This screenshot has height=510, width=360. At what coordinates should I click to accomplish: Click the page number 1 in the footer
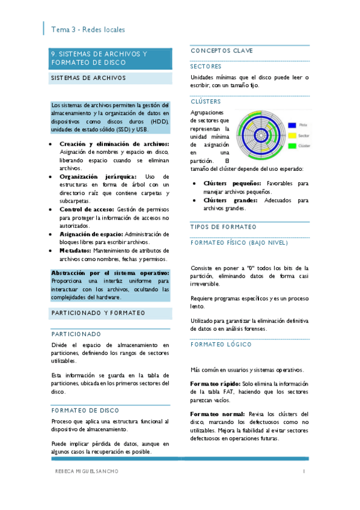pyautogui.click(x=305, y=471)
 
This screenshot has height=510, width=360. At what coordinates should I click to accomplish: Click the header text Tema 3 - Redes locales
pyautogui.click(x=88, y=29)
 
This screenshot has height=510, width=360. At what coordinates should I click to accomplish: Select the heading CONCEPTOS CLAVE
pyautogui.click(x=222, y=51)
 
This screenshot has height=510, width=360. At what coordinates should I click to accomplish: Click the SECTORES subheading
pyautogui.click(x=206, y=66)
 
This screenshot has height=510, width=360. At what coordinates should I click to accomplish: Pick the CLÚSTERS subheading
pyautogui.click(x=206, y=102)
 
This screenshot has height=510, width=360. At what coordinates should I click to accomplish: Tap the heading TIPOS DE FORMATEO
pyautogui.click(x=223, y=227)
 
